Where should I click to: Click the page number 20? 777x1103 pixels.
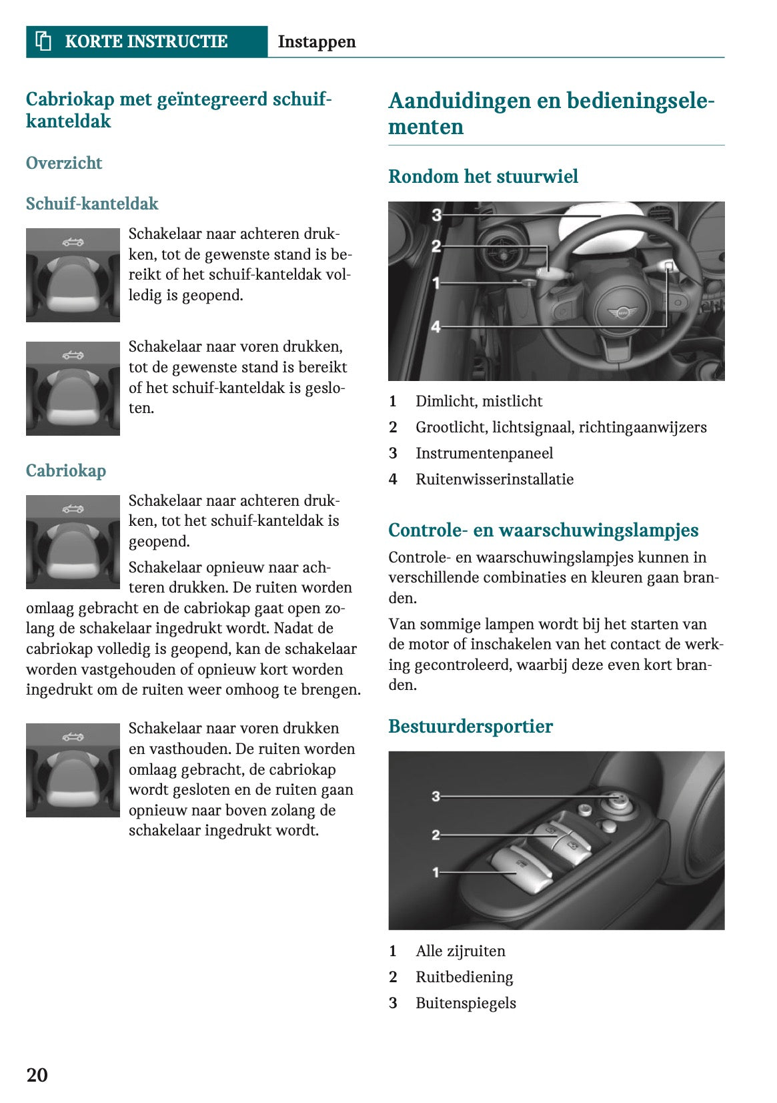click(x=37, y=1074)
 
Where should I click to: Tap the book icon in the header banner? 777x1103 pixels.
click(x=43, y=41)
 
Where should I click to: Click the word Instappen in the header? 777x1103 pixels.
click(x=316, y=41)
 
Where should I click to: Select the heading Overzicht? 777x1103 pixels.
click(x=64, y=163)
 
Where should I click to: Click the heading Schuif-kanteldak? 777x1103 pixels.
click(x=92, y=204)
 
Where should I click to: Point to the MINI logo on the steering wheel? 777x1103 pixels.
click(x=622, y=312)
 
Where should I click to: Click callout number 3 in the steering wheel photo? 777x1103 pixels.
click(x=436, y=215)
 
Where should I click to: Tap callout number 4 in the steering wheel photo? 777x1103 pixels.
click(x=436, y=326)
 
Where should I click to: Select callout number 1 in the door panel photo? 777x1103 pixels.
click(x=436, y=871)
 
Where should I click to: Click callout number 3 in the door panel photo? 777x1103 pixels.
click(x=436, y=795)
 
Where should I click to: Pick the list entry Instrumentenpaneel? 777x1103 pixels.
click(x=484, y=453)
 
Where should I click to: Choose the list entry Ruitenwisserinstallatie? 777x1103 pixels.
click(x=494, y=479)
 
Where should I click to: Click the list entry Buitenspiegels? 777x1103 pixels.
click(x=466, y=1003)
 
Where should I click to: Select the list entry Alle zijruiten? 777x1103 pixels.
click(x=460, y=951)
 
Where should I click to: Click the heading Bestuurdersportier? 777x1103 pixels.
click(x=470, y=726)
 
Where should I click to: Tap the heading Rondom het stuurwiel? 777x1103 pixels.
click(x=483, y=176)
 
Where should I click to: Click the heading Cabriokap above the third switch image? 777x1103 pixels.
click(x=65, y=470)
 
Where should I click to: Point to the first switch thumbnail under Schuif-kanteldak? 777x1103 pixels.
click(x=73, y=275)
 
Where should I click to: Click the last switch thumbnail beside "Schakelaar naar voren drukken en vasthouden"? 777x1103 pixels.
click(x=73, y=770)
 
